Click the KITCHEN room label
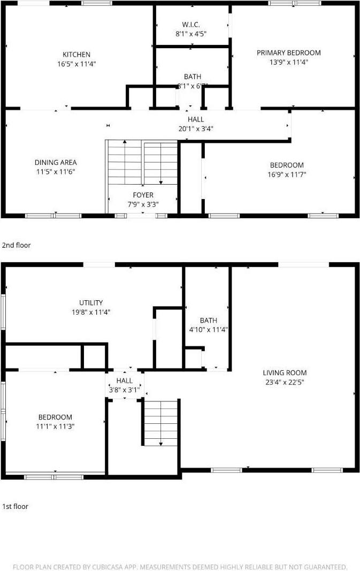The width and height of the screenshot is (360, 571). [x=76, y=54]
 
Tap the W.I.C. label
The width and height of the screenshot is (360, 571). [x=192, y=24]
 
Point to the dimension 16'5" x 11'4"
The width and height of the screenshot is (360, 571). [x=76, y=63]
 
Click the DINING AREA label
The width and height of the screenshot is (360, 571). [x=56, y=162]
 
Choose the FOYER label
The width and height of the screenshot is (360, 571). [x=143, y=195]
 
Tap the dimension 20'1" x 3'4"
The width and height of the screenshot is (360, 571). [x=196, y=128]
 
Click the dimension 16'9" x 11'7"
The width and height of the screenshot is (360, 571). [x=287, y=174]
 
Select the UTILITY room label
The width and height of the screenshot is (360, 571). [x=90, y=302]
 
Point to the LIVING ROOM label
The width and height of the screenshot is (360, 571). [x=285, y=372]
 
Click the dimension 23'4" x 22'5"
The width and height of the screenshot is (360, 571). [x=285, y=382]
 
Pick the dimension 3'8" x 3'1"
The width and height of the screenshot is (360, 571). [x=125, y=390]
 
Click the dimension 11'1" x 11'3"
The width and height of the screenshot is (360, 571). [x=55, y=427]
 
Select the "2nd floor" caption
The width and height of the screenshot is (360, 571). [x=17, y=245]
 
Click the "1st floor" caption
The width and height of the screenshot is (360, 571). [x=16, y=506]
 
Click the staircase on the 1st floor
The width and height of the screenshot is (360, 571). [x=161, y=423]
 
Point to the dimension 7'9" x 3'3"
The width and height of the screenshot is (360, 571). [x=143, y=204]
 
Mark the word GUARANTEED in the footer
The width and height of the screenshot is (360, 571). [x=325, y=567]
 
